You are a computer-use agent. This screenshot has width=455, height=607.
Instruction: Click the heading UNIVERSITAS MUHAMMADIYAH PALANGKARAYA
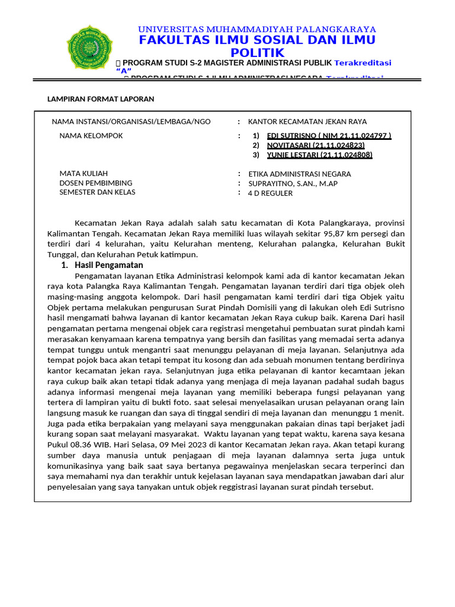point(257,29)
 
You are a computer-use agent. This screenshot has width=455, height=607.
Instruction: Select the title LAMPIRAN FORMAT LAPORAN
point(101,99)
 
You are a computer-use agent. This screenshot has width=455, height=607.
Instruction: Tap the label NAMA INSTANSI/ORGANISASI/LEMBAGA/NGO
point(131,122)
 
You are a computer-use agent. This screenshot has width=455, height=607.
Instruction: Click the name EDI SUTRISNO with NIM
point(329,136)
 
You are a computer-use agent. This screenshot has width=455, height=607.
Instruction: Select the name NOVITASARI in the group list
point(316,145)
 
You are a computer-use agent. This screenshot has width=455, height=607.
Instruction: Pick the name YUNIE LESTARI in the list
point(320,155)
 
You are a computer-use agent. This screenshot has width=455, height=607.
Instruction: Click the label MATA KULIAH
point(84,174)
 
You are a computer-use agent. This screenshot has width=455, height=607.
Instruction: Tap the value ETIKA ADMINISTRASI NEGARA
point(299,174)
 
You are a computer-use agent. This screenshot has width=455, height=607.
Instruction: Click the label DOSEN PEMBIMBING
point(96,183)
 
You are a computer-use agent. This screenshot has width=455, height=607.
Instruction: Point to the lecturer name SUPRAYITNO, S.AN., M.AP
point(293,184)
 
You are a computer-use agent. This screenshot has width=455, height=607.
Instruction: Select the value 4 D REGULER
point(270,193)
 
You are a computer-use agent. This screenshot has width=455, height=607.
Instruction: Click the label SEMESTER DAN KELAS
point(97,192)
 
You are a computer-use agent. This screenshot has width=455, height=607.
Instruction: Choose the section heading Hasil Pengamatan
point(108,265)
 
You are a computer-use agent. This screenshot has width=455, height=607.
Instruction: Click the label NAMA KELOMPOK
point(91,136)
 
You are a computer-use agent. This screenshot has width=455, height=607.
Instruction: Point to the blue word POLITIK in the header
point(257,53)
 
